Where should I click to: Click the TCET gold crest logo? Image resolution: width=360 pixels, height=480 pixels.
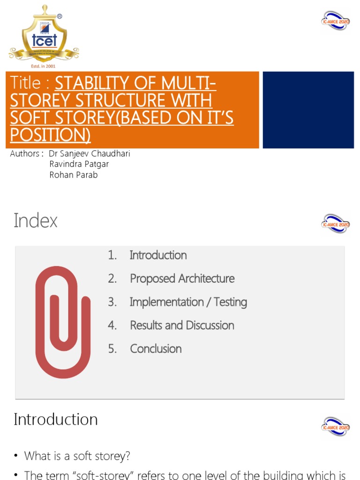[44, 36]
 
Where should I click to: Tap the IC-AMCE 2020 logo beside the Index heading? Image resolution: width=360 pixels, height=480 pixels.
[335, 223]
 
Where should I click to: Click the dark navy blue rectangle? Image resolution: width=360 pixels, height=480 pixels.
[308, 110]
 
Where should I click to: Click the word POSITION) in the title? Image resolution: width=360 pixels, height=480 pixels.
[50, 135]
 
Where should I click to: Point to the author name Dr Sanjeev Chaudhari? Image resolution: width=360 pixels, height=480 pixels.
[90, 154]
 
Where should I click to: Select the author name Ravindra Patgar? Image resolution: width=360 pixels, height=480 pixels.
[79, 164]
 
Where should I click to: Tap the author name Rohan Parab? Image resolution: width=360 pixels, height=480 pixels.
[74, 175]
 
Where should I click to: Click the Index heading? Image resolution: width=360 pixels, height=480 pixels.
[36, 220]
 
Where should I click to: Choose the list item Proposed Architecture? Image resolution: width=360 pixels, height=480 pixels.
[182, 278]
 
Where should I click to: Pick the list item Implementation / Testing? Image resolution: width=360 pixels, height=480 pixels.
[188, 302]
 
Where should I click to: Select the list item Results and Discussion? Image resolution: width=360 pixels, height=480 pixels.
[182, 325]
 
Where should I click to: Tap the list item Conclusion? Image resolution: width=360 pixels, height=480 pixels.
[156, 349]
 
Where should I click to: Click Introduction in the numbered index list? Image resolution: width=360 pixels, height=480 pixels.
[158, 255]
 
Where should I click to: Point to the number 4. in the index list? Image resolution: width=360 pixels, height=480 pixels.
[112, 325]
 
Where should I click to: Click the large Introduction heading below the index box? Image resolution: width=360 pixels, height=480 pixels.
[56, 419]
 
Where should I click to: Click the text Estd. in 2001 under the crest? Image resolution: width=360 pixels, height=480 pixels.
[43, 66]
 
